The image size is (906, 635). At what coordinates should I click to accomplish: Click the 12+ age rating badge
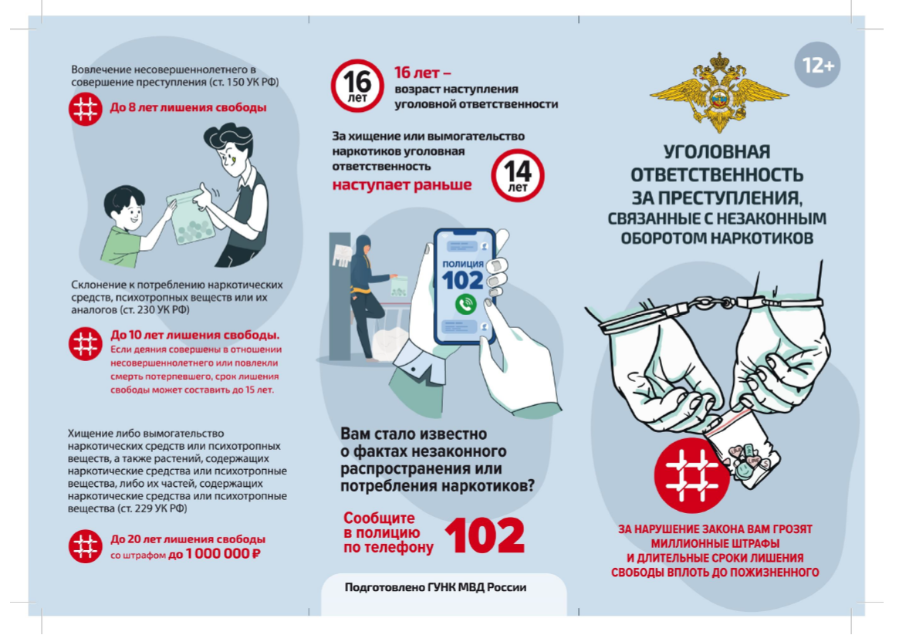click(817, 65)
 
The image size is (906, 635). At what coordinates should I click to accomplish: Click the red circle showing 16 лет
click(357, 86)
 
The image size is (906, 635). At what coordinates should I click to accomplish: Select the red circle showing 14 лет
click(518, 175)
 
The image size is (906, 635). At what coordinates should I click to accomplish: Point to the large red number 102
click(485, 535)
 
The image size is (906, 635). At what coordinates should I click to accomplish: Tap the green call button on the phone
click(465, 304)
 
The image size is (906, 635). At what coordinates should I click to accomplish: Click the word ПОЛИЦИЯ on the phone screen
click(463, 263)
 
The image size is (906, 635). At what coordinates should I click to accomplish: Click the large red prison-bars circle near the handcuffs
click(691, 475)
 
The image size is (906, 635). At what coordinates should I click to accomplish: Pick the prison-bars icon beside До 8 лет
click(86, 108)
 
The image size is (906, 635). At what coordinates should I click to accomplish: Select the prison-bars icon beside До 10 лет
click(86, 344)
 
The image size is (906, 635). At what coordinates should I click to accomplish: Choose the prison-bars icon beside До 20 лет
click(86, 546)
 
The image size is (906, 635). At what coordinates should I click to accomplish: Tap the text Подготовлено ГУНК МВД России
click(435, 588)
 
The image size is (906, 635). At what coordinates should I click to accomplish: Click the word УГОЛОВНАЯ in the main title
click(716, 152)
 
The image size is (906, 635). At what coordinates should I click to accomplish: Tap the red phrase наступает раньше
click(401, 185)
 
